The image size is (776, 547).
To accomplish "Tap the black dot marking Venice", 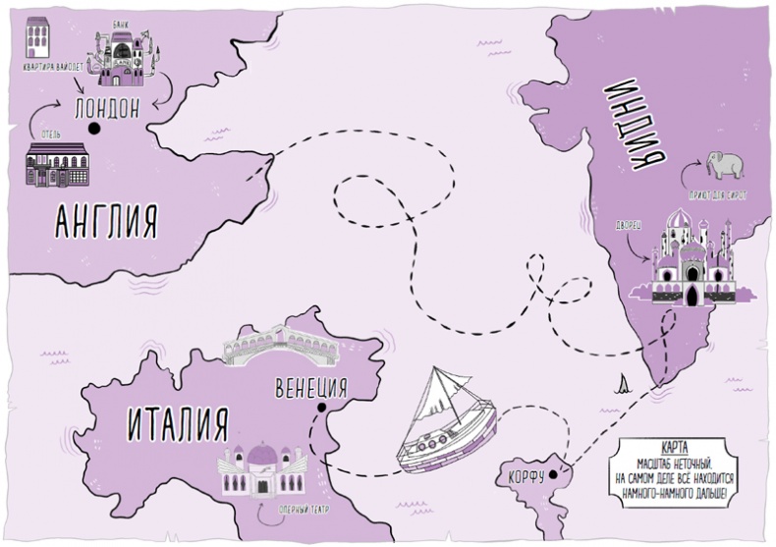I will coord(321,406).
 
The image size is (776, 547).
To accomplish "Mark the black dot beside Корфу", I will coord(553,474).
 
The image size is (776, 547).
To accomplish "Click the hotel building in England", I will coord(56,163).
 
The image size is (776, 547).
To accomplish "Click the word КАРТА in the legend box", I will coord(679,445).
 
